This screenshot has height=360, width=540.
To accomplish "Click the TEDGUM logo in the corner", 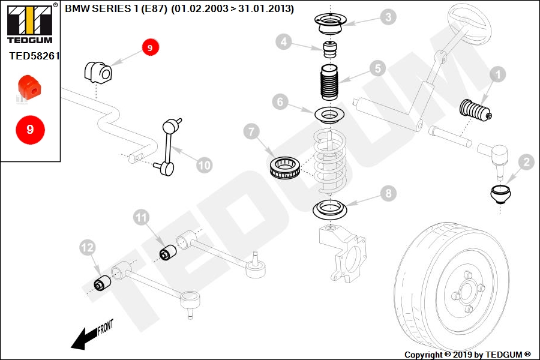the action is (30, 23).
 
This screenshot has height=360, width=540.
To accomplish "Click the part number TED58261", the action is (34, 56).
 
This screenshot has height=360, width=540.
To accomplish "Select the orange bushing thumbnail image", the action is (29, 89).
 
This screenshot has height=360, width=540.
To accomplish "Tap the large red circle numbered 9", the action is (31, 130).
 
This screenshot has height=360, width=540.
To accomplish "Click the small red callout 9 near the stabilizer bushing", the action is (150, 47).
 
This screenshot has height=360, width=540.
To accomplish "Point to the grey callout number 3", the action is (388, 17).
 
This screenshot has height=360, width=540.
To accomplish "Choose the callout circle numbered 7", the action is (251, 132).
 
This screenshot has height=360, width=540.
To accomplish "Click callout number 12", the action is (88, 247).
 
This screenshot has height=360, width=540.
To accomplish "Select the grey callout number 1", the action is (497, 74).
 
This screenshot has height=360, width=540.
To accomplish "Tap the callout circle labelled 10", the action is (204, 166).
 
